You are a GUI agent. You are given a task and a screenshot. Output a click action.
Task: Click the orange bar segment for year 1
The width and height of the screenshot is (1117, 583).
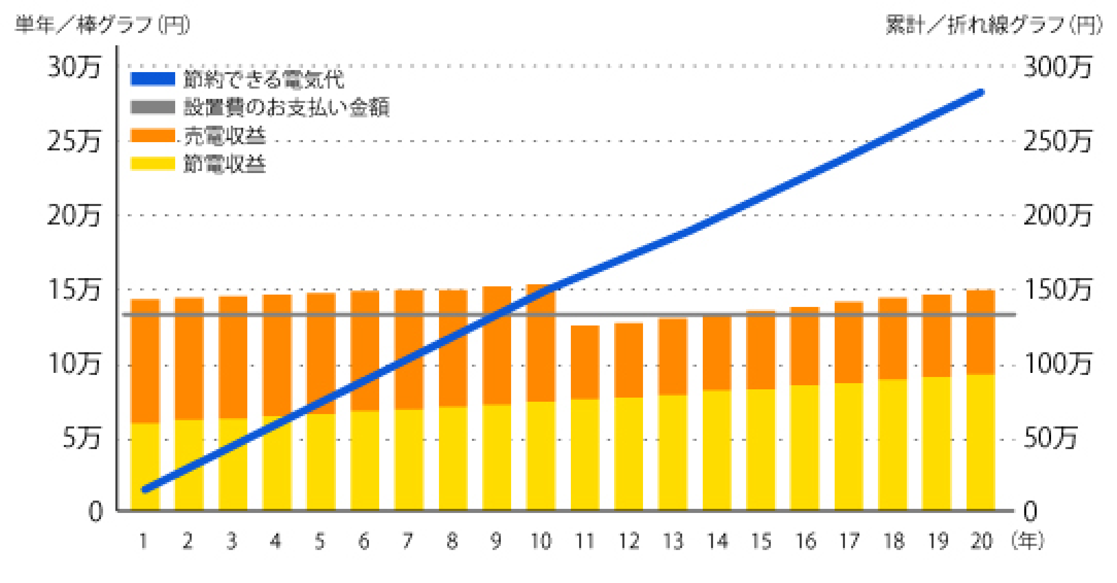pos(145,361)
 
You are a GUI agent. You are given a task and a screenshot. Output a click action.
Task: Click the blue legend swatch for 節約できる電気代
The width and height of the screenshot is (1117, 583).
pos(153,79)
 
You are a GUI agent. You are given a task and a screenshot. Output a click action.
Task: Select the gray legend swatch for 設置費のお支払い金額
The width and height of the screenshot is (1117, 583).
pos(153,108)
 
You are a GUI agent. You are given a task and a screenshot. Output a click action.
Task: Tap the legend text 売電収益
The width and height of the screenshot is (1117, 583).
pos(225,136)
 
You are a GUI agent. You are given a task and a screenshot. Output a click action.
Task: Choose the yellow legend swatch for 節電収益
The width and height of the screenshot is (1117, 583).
pos(153,164)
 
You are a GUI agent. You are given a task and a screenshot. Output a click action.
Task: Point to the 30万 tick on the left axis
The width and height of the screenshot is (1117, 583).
pos(74,67)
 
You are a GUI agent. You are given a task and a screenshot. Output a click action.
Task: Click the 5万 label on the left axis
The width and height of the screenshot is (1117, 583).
pos(81,439)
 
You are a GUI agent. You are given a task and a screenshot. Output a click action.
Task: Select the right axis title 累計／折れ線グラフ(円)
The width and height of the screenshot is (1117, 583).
pos(994,25)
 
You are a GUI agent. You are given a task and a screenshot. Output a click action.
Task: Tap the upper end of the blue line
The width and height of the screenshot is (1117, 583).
pos(981,93)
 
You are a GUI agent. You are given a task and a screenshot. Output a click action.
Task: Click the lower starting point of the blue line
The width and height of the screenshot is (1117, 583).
pos(145,490)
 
